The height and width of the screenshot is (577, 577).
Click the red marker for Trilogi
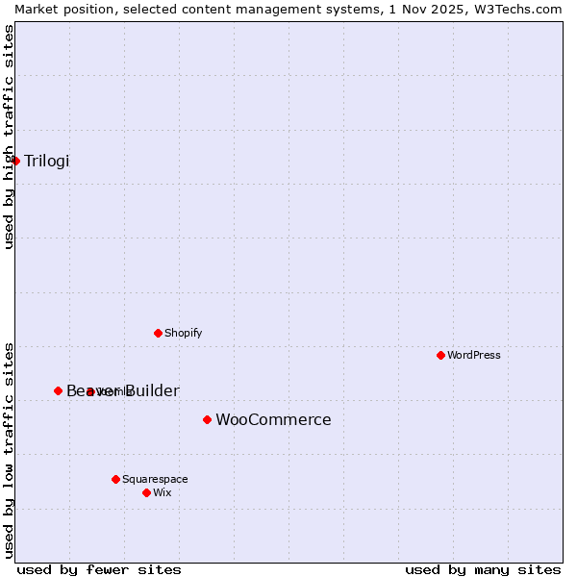click(x=15, y=161)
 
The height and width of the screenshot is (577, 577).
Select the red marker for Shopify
click(x=158, y=333)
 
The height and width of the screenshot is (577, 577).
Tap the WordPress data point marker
click(x=440, y=355)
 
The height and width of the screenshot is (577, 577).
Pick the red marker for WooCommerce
click(x=207, y=419)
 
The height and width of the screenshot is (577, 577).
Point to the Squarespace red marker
click(x=115, y=479)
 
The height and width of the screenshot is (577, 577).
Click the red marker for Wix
click(x=146, y=492)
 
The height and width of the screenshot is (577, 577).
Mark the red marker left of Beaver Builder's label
click(x=58, y=390)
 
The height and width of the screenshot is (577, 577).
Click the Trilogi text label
click(x=47, y=161)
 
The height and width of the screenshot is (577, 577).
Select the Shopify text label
click(x=183, y=333)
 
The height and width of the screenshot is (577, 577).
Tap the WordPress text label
click(x=474, y=355)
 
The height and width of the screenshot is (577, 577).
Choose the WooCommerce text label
click(x=273, y=419)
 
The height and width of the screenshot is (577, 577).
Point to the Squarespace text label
click(x=155, y=479)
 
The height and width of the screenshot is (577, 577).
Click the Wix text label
click(x=163, y=492)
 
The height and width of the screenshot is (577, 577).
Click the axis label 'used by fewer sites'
click(x=99, y=569)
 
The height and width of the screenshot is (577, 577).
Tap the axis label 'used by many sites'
click(x=483, y=569)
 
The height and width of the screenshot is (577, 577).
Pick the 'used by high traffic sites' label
click(x=9, y=137)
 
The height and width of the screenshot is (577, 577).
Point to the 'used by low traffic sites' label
click(x=9, y=450)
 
